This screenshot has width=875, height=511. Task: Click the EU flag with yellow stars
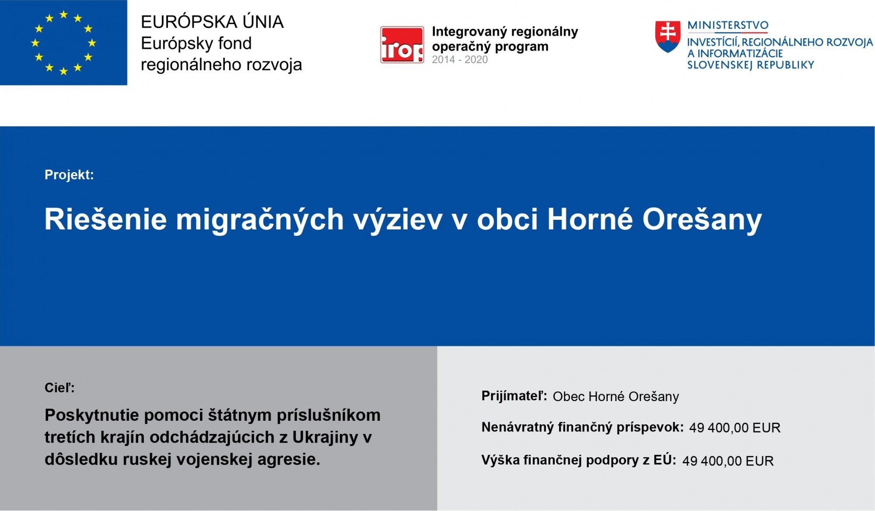click(x=63, y=42)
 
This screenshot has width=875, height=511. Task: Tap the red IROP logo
click(x=402, y=45)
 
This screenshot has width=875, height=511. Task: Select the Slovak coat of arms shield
click(x=668, y=37)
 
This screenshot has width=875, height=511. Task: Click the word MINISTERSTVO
click(x=728, y=25)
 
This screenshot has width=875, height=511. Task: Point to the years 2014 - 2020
click(x=460, y=60)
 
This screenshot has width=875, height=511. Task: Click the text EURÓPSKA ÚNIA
click(x=212, y=22)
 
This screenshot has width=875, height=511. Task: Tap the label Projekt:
click(x=69, y=175)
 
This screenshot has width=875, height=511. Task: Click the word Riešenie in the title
click(x=106, y=219)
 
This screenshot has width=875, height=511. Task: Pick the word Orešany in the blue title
click(x=702, y=220)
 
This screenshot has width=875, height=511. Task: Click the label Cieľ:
click(x=59, y=388)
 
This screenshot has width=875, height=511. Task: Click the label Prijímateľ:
click(x=514, y=396)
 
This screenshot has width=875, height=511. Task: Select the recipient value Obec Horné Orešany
click(x=616, y=397)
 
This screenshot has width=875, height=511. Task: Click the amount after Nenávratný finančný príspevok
click(x=735, y=428)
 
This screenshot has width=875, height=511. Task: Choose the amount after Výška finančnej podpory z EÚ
click(x=728, y=461)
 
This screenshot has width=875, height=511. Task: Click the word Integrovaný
click(x=469, y=32)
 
